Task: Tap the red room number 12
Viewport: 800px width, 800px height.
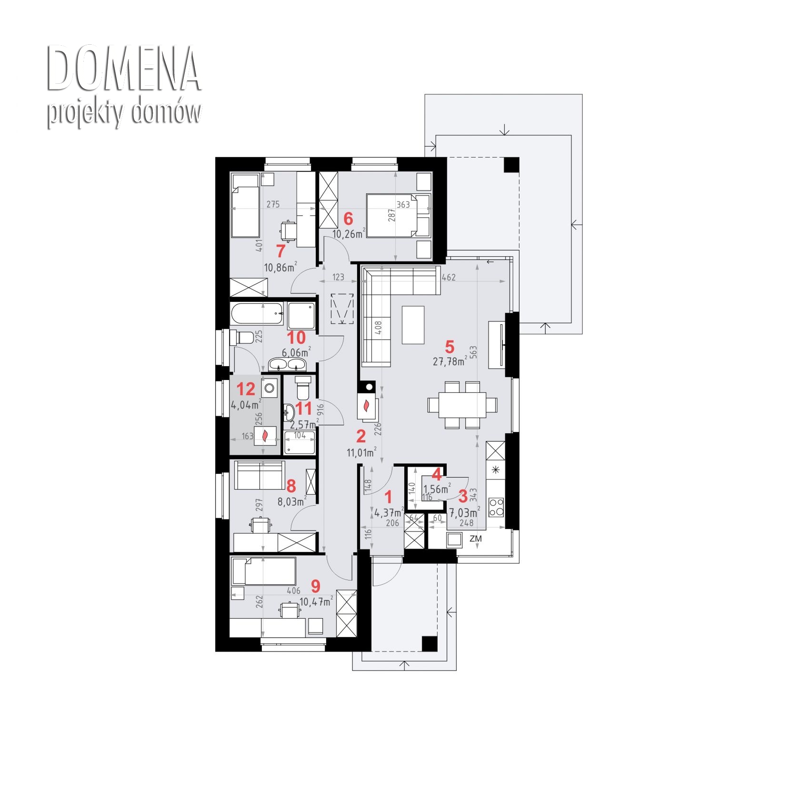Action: (246, 389)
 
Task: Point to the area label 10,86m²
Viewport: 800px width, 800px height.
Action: (281, 267)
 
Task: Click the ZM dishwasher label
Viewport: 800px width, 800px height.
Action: (475, 539)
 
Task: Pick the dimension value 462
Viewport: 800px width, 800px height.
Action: (449, 277)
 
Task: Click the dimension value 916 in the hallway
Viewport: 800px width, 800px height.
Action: (320, 410)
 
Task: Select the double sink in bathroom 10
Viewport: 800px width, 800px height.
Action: (287, 365)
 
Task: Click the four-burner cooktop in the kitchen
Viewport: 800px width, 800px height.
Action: (496, 506)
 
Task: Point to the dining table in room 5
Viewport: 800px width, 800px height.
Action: (462, 404)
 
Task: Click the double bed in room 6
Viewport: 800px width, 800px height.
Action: (398, 215)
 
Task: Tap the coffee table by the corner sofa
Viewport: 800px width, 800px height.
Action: (413, 324)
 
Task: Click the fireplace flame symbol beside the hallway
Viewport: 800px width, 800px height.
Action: (367, 406)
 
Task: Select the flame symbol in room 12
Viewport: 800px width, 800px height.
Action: (265, 435)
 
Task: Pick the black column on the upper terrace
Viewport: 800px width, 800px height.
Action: (511, 165)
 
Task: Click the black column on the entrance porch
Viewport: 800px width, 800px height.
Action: (430, 643)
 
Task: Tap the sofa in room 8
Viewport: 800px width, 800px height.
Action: (260, 475)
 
